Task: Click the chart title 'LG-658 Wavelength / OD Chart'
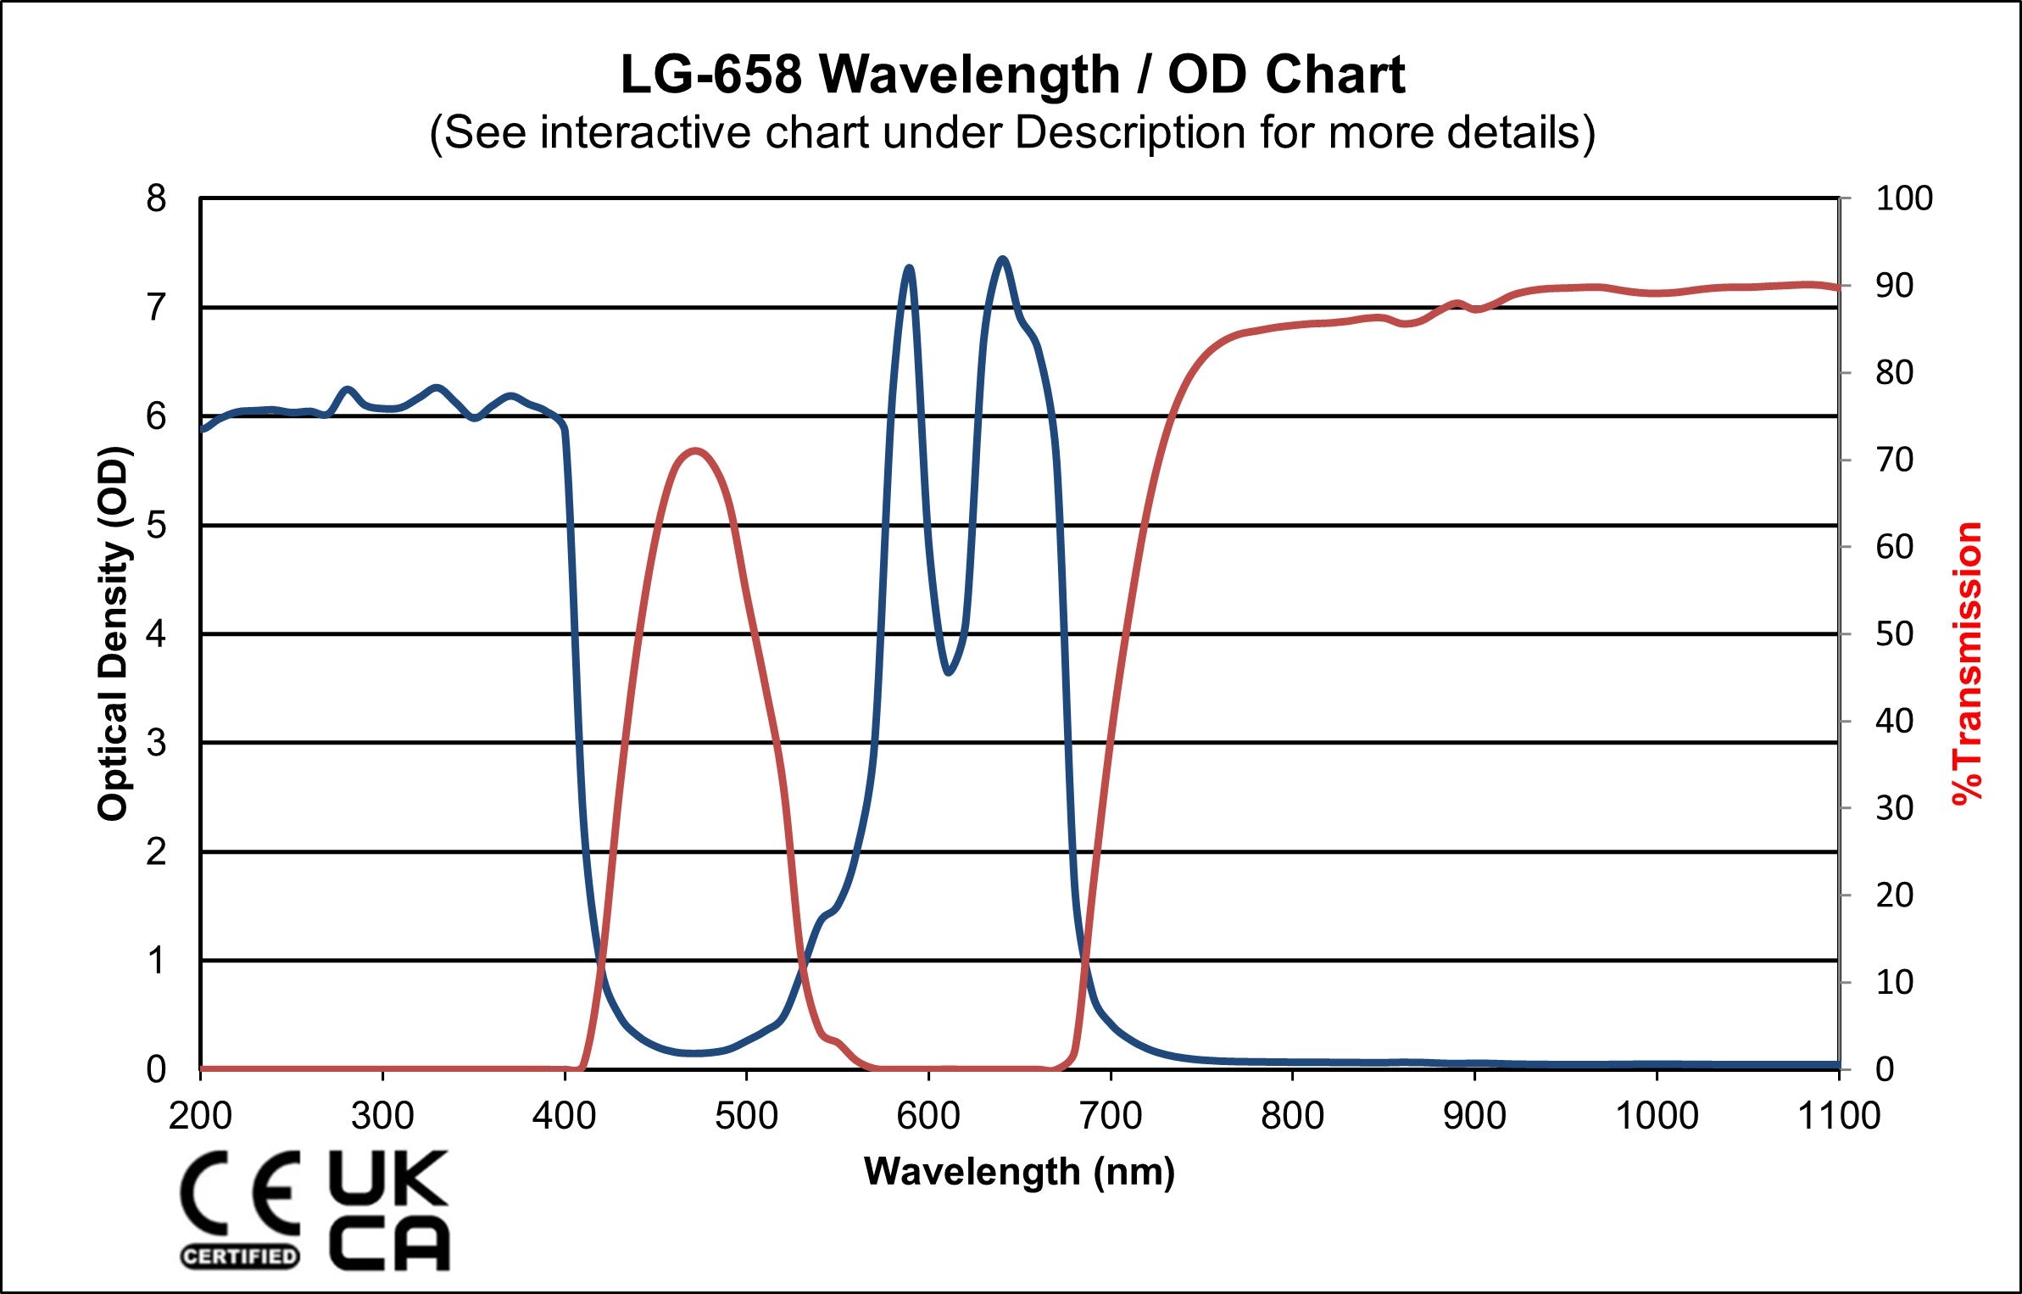(1012, 75)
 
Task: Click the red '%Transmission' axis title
(1967, 663)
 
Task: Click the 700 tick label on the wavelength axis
(1110, 1115)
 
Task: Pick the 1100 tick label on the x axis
(1838, 1115)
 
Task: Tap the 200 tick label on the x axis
(200, 1115)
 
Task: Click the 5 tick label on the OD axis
(156, 525)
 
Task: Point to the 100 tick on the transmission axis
(1903, 198)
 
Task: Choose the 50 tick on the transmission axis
(1894, 633)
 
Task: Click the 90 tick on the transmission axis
(1894, 286)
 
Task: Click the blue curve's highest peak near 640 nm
(1002, 259)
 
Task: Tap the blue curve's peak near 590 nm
(909, 268)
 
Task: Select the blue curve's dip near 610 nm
(948, 672)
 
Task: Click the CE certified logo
(240, 1208)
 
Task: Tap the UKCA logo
(388, 1208)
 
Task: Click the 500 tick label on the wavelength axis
(746, 1115)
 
